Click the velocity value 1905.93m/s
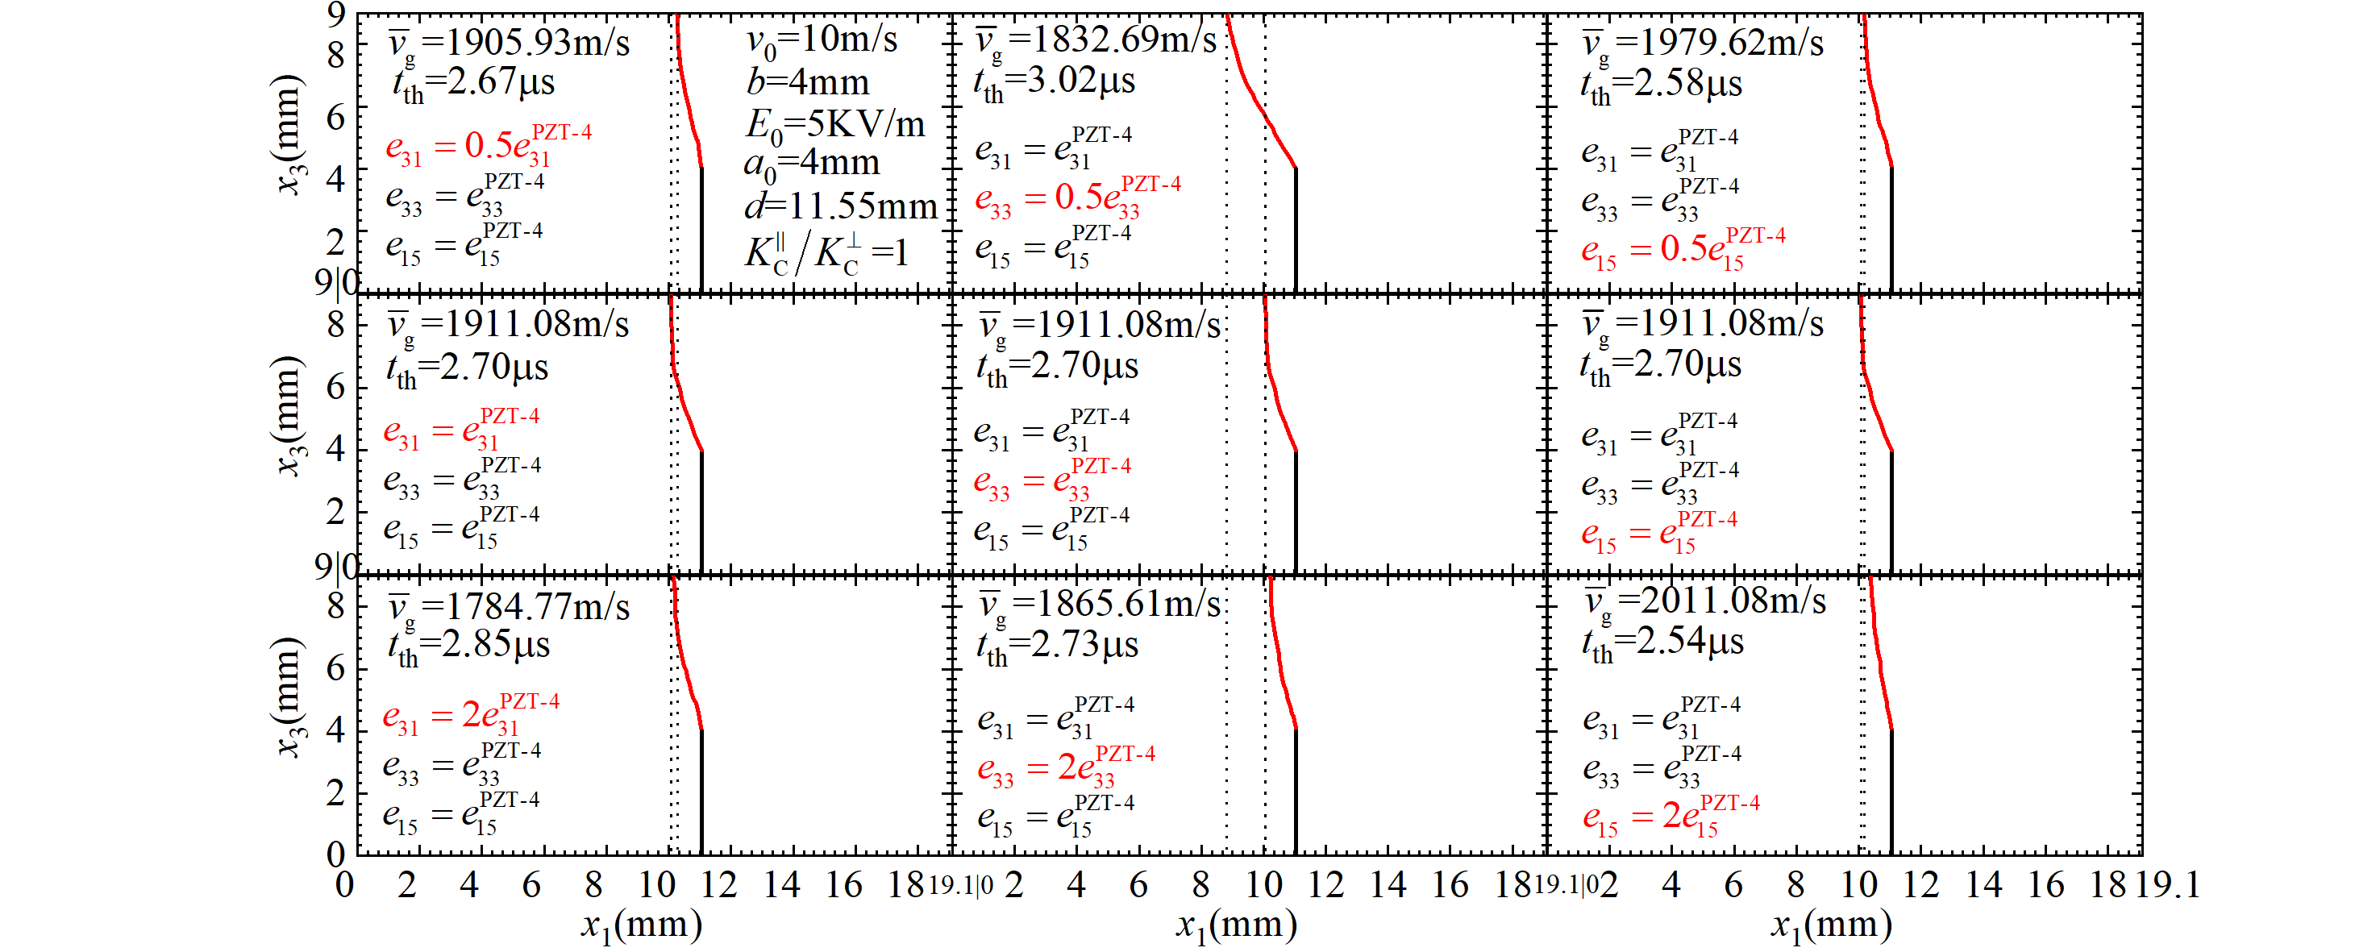(x=509, y=43)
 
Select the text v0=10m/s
(x=822, y=39)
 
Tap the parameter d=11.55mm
(x=841, y=205)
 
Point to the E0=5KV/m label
(x=834, y=123)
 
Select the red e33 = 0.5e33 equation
(x=1077, y=197)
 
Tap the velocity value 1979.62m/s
(x=1703, y=43)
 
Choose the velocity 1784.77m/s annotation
(x=509, y=607)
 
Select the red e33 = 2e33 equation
(x=1065, y=767)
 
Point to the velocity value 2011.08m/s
(x=1705, y=601)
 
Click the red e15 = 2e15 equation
(x=1671, y=817)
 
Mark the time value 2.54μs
(x=1662, y=642)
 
